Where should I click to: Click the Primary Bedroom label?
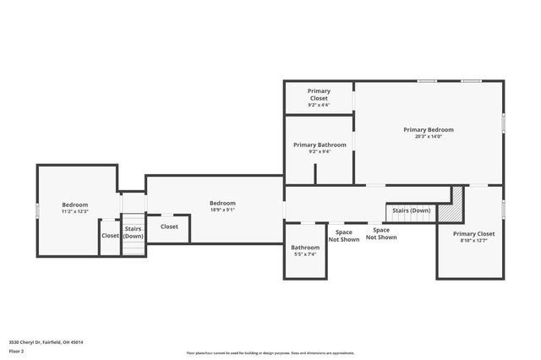pos(428,129)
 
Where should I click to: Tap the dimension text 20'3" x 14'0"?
pos(428,136)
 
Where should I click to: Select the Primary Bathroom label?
pos(320,145)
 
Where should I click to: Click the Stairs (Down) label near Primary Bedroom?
pos(410,210)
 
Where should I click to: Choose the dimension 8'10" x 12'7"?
pos(473,241)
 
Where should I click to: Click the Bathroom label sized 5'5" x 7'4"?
pos(304,248)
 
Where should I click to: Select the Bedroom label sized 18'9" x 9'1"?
pos(222,203)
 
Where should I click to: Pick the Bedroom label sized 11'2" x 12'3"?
pos(75,205)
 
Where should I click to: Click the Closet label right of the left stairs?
pos(169,226)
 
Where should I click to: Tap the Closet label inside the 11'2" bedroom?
pos(111,236)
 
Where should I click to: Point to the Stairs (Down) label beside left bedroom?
pos(134,232)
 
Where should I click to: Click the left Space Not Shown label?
pos(344,235)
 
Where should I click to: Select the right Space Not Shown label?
pos(381,234)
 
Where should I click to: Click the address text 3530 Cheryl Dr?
pos(46,342)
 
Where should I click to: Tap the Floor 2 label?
pos(17,350)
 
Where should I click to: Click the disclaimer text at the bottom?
pos(270,352)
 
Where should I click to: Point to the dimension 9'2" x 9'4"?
pos(319,152)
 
